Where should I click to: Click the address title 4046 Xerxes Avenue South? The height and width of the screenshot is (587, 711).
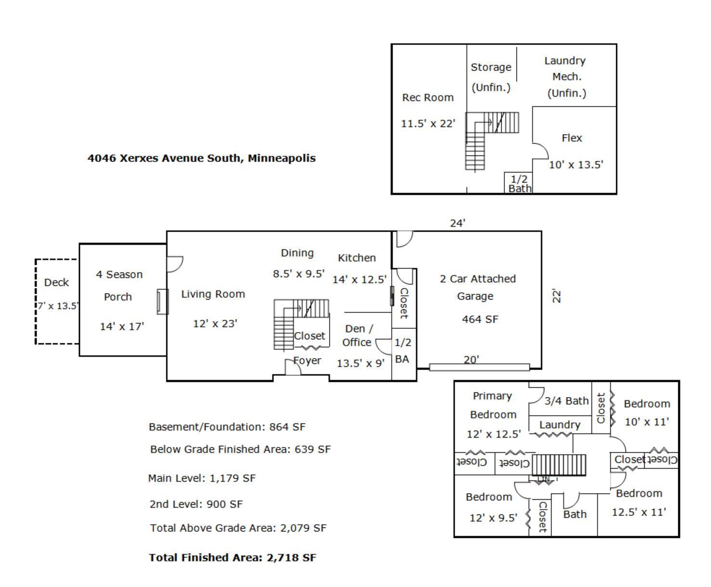(x=201, y=158)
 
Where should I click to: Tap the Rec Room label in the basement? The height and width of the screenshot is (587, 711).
(x=427, y=98)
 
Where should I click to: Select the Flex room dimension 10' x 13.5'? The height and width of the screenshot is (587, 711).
(x=576, y=165)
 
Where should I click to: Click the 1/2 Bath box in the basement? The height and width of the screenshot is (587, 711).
(x=519, y=183)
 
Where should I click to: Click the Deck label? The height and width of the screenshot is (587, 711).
(x=56, y=283)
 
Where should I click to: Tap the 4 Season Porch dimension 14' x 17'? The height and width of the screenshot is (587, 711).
(x=122, y=326)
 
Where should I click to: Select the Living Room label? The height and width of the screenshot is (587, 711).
(x=213, y=294)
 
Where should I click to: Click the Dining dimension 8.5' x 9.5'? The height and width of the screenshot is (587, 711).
(x=298, y=274)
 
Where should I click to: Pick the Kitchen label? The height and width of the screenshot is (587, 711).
(x=357, y=258)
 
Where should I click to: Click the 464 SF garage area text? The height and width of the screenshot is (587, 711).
(x=479, y=319)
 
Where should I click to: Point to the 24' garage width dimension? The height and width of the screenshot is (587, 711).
(x=457, y=223)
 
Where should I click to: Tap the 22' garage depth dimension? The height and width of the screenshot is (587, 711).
(x=556, y=296)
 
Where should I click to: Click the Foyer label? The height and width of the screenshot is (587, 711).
(x=308, y=361)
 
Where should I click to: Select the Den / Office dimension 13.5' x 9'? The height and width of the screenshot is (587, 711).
(x=361, y=364)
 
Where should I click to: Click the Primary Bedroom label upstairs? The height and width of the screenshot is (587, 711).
(x=492, y=405)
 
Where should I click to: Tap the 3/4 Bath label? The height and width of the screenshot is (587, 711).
(x=566, y=401)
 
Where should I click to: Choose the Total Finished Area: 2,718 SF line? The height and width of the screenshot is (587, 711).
(x=233, y=558)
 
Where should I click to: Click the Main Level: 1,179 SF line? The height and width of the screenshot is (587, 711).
(x=202, y=478)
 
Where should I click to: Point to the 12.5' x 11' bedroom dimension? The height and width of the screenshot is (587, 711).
(x=639, y=512)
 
